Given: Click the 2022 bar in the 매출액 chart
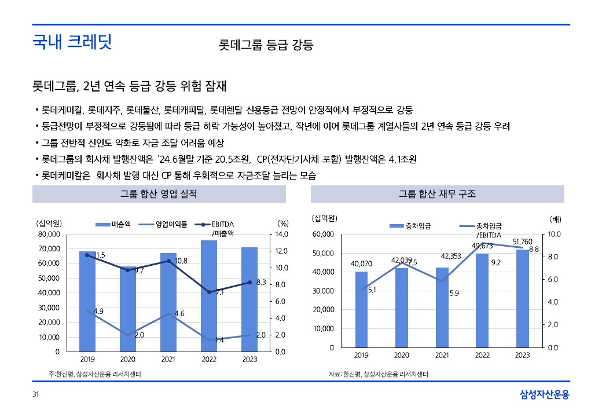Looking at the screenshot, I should tap(209, 295).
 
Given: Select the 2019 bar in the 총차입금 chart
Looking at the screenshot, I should tap(361, 309).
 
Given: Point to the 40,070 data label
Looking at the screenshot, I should tap(361, 264).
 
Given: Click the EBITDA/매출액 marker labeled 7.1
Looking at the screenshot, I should tap(209, 292).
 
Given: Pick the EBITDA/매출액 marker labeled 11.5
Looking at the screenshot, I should tap(87, 255).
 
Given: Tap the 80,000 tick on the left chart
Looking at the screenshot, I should tap(48, 235).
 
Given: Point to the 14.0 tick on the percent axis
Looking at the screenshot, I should tap(281, 235).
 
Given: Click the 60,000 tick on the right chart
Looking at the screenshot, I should tap(322, 235).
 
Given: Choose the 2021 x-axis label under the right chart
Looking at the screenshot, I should tap(442, 355).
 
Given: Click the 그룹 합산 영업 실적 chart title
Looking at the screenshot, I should tap(159, 195).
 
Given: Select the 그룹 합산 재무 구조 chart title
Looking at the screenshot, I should tap(438, 195).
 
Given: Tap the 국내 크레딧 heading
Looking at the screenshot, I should tap(72, 42).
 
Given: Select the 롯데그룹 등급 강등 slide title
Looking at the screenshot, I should tap(266, 45).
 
